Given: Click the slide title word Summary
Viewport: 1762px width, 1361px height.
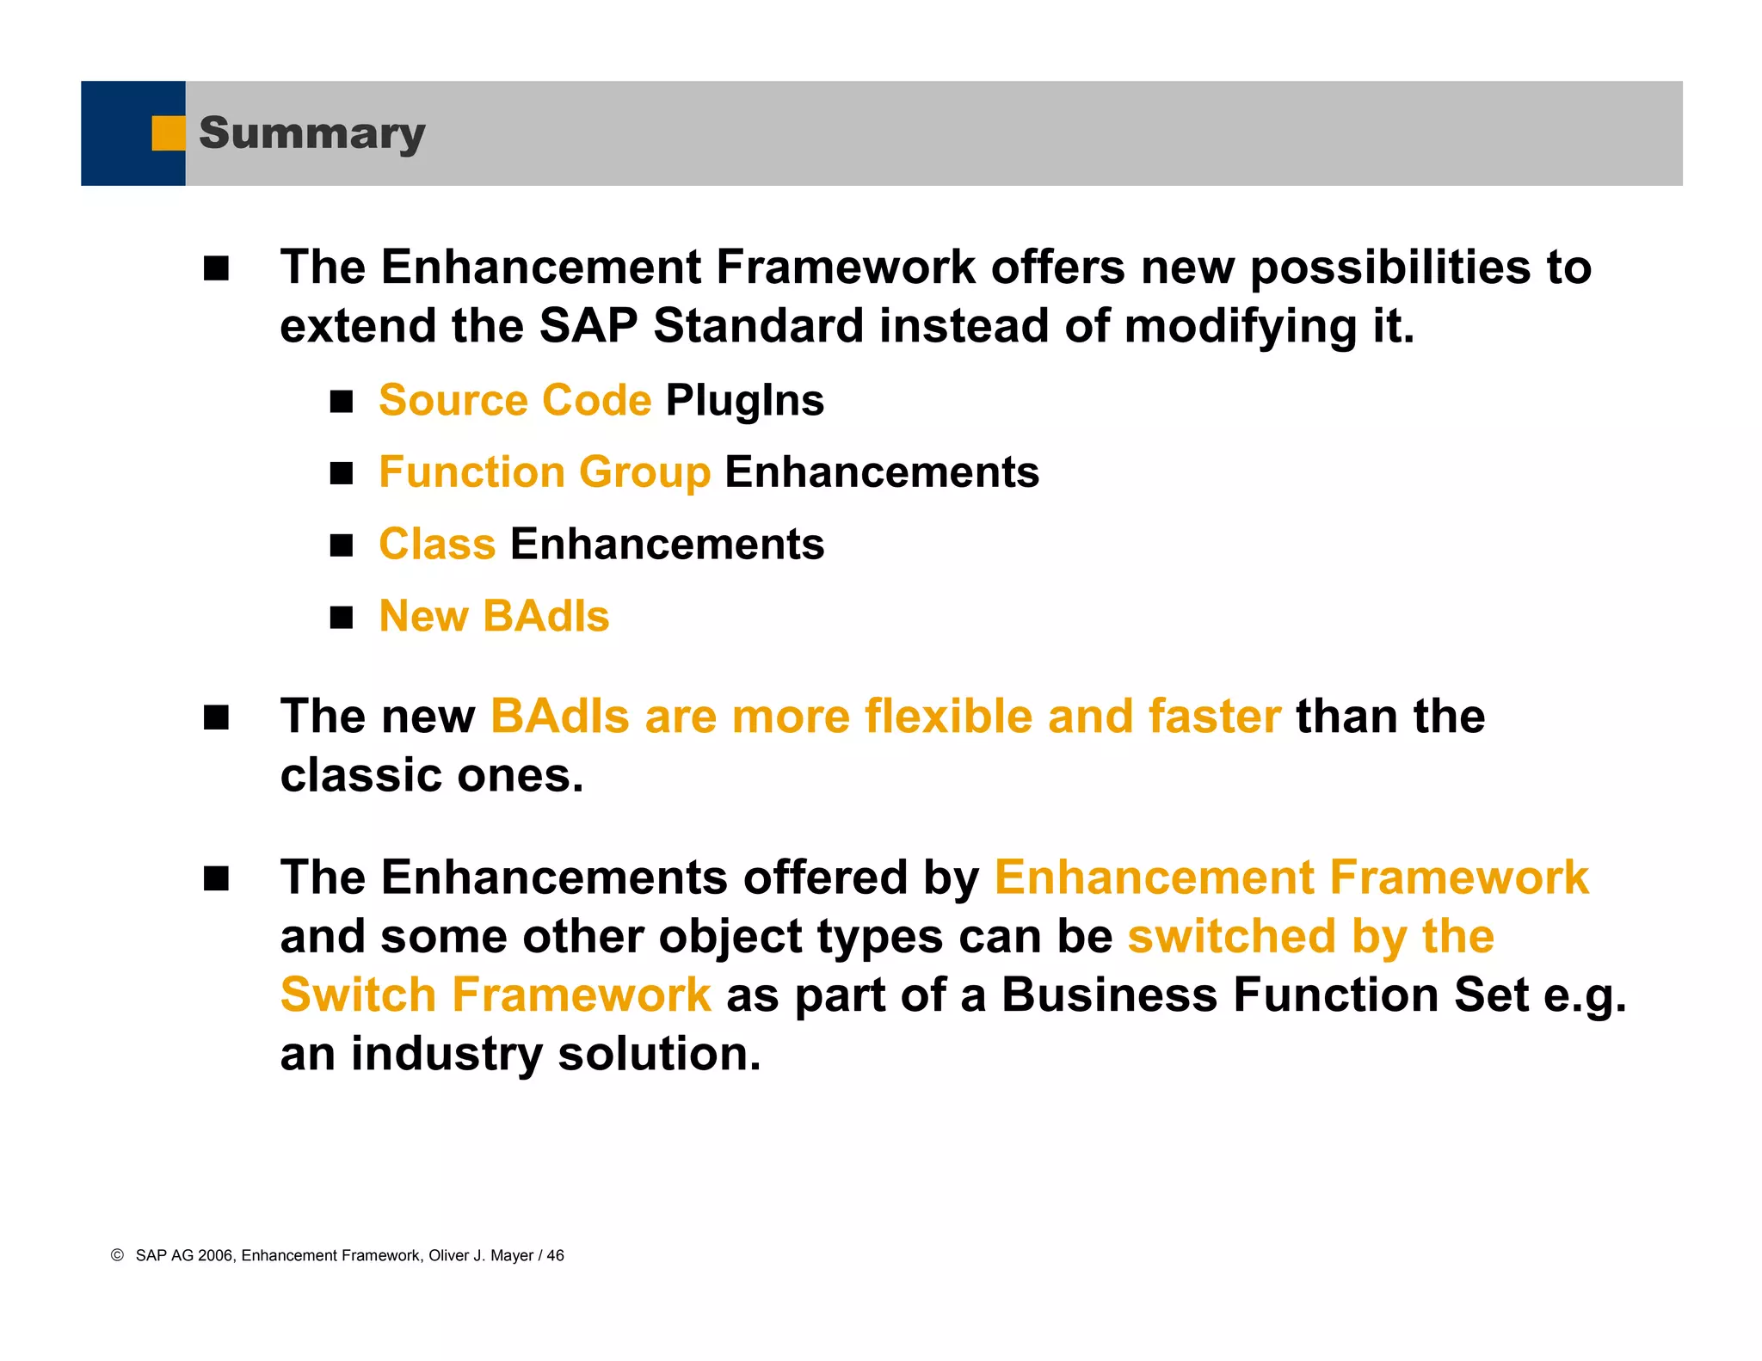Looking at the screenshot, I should point(311,133).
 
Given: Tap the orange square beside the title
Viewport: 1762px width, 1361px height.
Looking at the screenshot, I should point(168,133).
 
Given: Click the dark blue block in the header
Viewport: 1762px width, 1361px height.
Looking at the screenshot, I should point(120,133).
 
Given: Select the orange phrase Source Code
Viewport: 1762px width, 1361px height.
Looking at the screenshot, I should point(514,400).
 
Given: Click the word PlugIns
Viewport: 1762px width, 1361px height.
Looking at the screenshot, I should point(744,400).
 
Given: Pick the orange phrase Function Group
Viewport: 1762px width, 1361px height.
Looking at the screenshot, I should point(545,472).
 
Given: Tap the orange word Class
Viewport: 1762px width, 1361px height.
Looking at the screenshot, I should point(437,545).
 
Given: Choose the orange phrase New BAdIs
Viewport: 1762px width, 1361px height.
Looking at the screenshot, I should point(494,616).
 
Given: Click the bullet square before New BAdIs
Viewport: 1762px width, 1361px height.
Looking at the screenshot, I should point(342,618).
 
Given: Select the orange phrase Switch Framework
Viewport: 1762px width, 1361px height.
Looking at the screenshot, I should point(496,995).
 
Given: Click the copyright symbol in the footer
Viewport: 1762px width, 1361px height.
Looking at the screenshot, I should point(118,1255).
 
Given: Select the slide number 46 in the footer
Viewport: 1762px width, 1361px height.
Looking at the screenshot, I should point(555,1255).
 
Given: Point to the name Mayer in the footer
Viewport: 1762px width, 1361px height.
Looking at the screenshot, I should point(511,1255).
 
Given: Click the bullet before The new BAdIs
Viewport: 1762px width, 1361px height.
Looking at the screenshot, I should point(217,717).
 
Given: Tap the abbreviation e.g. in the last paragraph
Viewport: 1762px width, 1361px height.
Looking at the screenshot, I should point(1585,995).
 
